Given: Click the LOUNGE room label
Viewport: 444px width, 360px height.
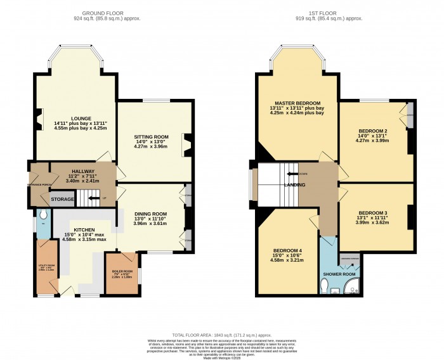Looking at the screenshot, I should pyautogui.click(x=81, y=118).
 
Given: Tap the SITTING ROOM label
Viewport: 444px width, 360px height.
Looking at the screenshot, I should pyautogui.click(x=150, y=136).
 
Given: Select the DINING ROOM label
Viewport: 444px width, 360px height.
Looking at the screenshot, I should pyautogui.click(x=150, y=214).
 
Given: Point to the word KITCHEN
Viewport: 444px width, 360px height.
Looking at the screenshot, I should pyautogui.click(x=84, y=230).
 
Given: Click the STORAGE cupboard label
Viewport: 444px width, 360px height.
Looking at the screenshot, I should pyautogui.click(x=62, y=199).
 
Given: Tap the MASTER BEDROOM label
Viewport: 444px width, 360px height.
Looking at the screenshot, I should pyautogui.click(x=297, y=103).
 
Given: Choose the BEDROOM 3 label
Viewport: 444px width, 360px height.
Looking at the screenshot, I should pyautogui.click(x=372, y=212).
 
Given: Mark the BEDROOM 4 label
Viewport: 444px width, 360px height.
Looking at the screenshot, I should pyautogui.click(x=287, y=250).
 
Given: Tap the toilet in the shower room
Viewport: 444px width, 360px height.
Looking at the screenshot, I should pyautogui.click(x=325, y=289).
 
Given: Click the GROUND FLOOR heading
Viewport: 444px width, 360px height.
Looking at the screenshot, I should pyautogui.click(x=107, y=13).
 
